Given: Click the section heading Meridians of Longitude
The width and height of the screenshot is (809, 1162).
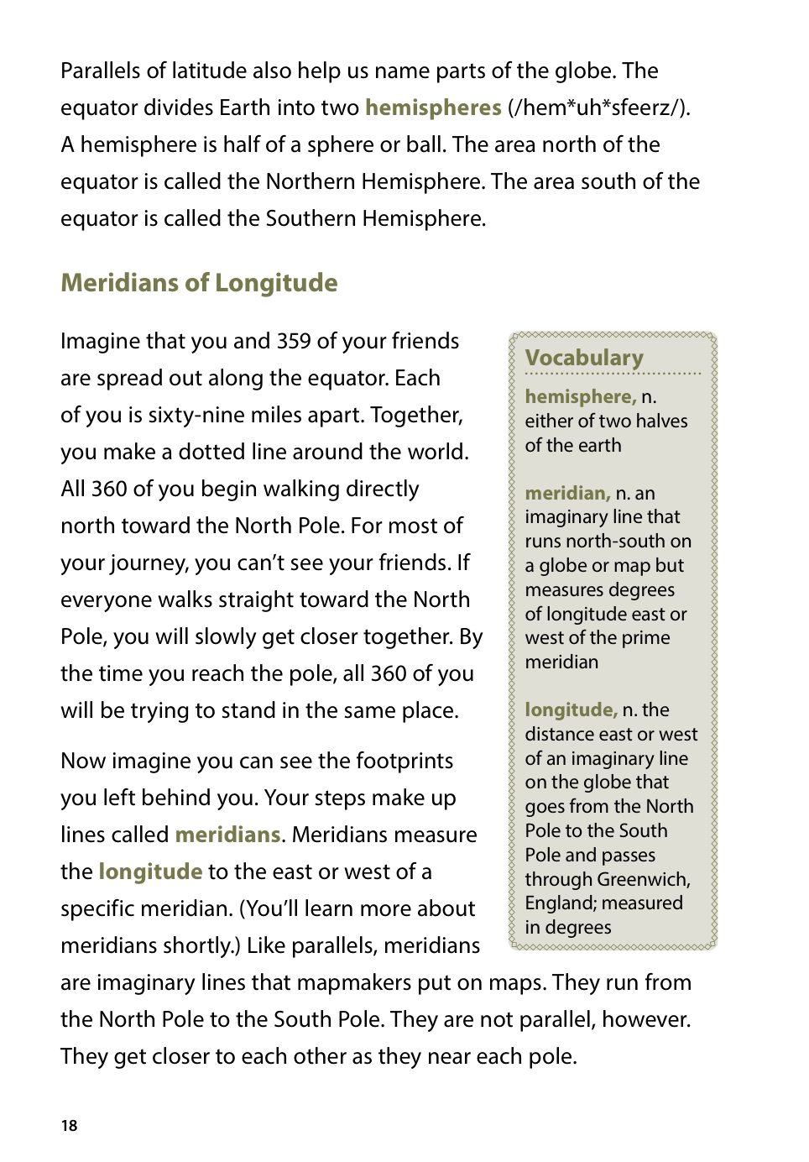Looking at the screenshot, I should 199,283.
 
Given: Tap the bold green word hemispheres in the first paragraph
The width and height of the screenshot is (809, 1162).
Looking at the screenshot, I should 433,107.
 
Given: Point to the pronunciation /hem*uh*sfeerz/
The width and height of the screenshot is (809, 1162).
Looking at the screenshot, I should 599,107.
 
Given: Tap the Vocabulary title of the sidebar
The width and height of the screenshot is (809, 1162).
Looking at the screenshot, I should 584,358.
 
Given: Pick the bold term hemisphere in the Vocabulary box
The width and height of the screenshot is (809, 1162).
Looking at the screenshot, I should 580,396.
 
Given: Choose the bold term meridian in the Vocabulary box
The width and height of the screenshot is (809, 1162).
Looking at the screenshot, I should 567,493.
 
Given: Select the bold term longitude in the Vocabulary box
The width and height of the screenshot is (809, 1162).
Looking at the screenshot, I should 571,709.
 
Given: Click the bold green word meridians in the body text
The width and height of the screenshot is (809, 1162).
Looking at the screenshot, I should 227,835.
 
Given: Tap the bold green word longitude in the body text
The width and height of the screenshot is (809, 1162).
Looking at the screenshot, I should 150,871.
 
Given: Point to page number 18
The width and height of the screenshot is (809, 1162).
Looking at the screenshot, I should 69,1126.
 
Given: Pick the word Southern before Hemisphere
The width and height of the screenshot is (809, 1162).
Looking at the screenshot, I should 311,218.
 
